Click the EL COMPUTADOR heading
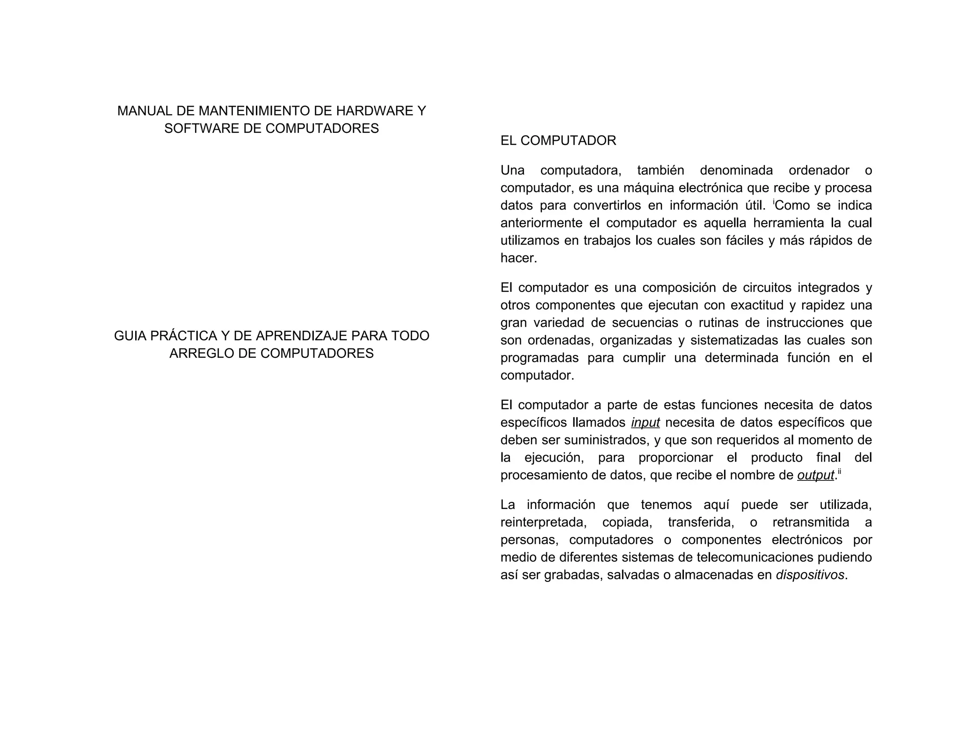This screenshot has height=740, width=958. pos(558,141)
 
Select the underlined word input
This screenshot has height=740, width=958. pos(645,423)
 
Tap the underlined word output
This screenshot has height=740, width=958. pos(815,476)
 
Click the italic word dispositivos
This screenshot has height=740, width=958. pos(810,575)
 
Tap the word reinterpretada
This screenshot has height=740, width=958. pos(543,522)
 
